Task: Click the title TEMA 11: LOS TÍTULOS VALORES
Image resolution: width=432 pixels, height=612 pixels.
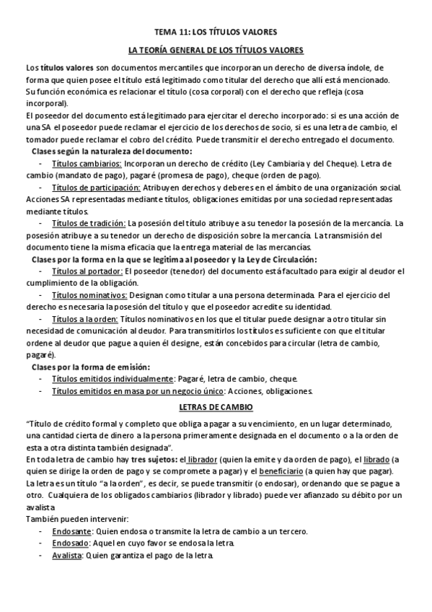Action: click(x=216, y=32)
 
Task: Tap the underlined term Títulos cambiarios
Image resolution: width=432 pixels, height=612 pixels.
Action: click(x=86, y=164)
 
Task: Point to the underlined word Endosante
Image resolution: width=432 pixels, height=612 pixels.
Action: click(x=71, y=531)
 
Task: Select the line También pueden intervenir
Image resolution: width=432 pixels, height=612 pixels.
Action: click(x=66, y=519)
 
